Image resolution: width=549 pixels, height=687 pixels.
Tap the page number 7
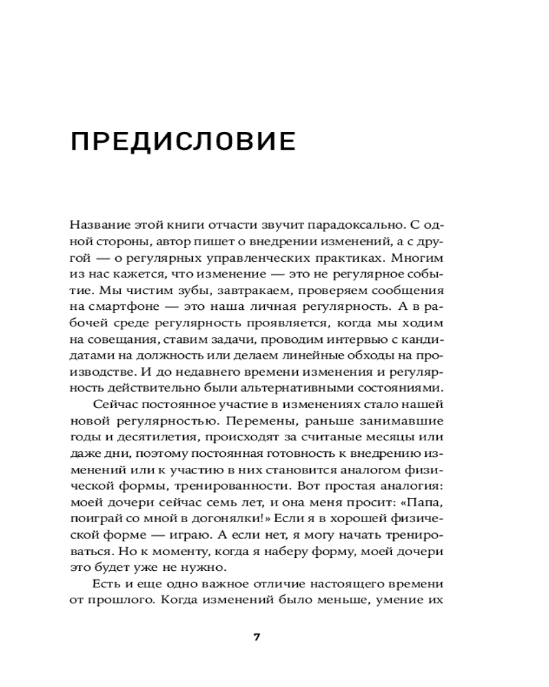(257, 636)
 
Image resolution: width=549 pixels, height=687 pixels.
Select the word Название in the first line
(96, 224)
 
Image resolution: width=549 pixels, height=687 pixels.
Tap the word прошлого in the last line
(119, 599)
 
